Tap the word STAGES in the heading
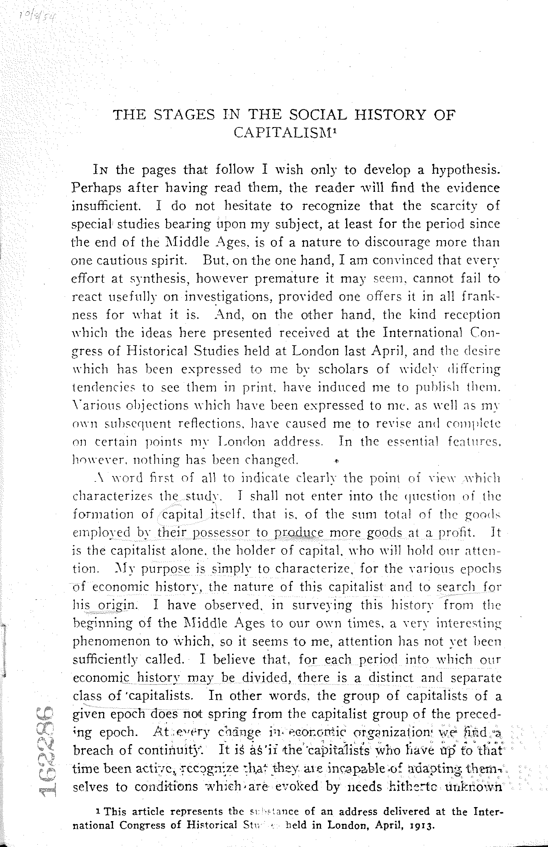coord(184,114)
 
